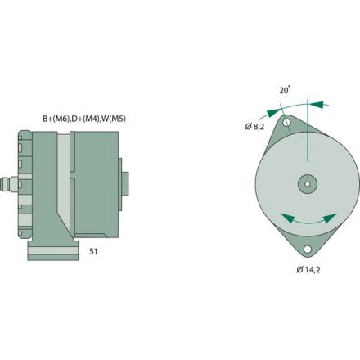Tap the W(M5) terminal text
point(115,119)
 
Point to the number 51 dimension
point(94,253)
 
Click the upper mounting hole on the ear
point(288,124)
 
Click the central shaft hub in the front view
point(307,184)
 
